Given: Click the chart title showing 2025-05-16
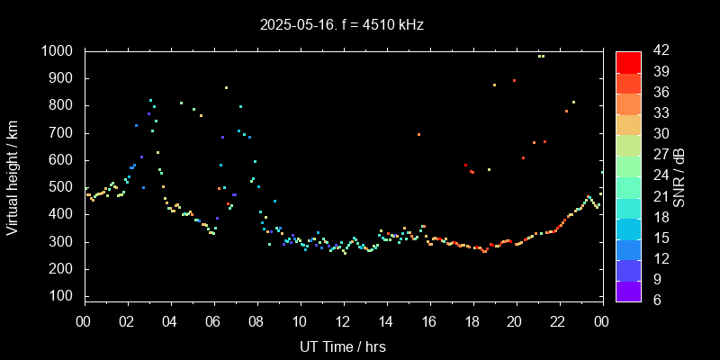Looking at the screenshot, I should pyautogui.click(x=360, y=24).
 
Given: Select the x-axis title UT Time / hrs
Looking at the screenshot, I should pyautogui.click(x=343, y=346).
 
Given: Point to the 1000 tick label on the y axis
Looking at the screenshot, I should pyautogui.click(x=58, y=51).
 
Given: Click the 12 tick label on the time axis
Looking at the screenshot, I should pyautogui.click(x=343, y=321).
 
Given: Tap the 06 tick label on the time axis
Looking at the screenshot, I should pyautogui.click(x=213, y=321).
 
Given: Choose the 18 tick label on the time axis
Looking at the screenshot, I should pyautogui.click(x=472, y=321).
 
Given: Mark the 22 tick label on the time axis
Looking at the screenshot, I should pyautogui.click(x=559, y=321).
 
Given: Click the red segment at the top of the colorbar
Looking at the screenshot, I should pyautogui.click(x=628, y=61).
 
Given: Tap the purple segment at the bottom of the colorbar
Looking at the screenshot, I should pyautogui.click(x=628, y=290).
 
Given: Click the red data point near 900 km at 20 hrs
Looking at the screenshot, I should pyautogui.click(x=514, y=80).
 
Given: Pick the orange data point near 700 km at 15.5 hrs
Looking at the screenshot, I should pyautogui.click(x=418, y=134).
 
